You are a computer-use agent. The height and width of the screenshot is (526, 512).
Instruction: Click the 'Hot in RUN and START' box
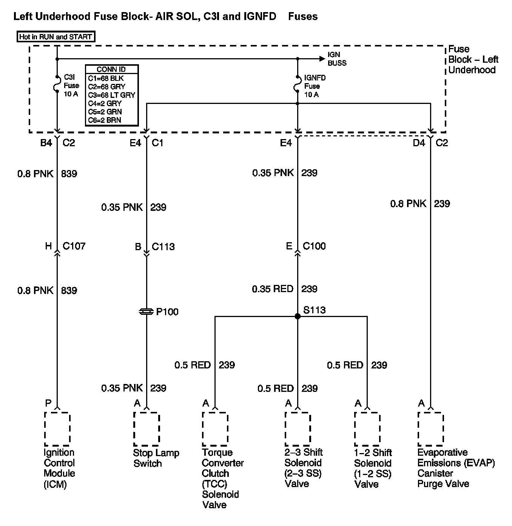coord(56,37)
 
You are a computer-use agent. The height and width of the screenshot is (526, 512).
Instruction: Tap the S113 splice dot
coord(298,316)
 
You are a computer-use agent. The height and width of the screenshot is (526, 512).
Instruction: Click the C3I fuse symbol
coord(57,84)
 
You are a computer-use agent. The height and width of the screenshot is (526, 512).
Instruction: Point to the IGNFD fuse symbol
coord(298,84)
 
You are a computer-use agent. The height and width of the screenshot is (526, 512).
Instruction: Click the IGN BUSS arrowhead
coord(322,59)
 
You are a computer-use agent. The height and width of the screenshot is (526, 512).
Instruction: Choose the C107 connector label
coord(74,246)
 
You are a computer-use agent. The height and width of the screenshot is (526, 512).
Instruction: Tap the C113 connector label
coord(163,247)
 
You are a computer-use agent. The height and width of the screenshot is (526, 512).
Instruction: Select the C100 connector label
coord(314,246)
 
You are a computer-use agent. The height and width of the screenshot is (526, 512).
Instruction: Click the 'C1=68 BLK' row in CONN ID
coord(106,79)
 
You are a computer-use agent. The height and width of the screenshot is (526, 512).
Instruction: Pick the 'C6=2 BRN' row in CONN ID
coord(105,120)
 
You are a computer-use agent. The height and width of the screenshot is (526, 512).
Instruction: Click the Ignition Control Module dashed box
coord(57,429)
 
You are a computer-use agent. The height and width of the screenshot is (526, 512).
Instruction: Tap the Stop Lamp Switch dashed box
coord(147,429)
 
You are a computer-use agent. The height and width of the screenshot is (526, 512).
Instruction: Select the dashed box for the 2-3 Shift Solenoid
coord(298,429)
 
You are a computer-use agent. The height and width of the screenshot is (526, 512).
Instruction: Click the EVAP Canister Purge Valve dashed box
coord(430,429)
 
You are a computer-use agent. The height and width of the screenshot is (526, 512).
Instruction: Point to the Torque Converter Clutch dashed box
coord(215,429)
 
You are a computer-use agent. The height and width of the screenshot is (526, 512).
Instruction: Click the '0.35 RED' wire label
coord(273,289)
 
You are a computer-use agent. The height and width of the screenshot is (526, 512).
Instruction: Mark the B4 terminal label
coord(46,143)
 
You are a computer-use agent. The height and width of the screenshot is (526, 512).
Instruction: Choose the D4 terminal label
coord(419,143)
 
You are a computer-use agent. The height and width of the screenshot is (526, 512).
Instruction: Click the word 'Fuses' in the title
coord(303,17)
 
